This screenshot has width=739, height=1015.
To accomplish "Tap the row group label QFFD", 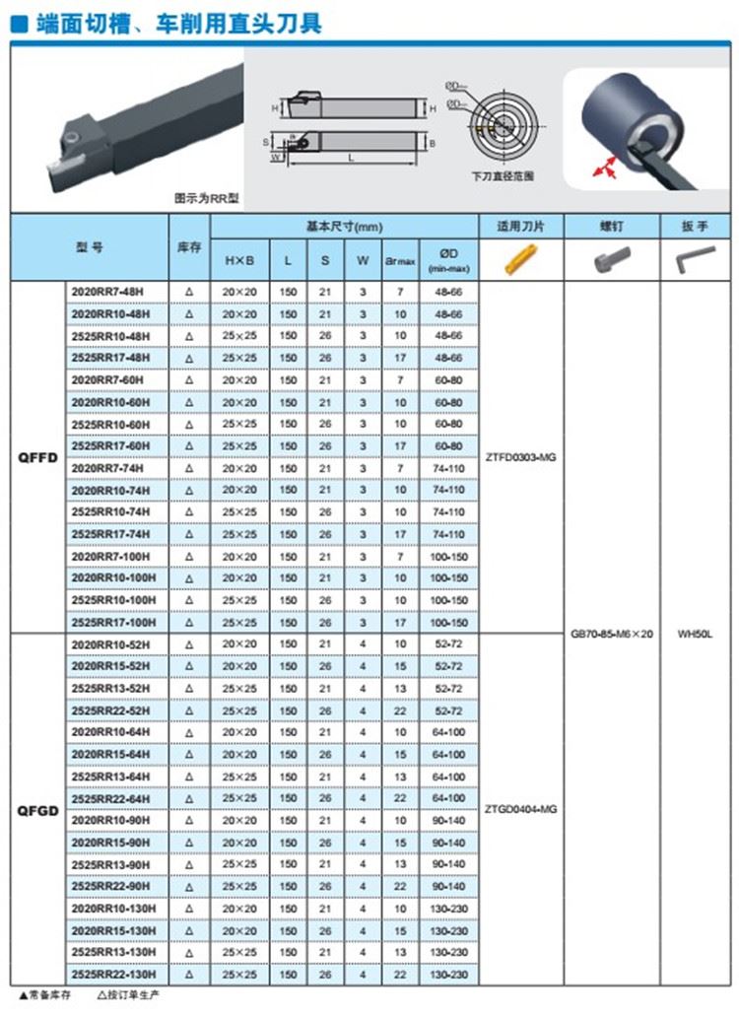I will [38, 457].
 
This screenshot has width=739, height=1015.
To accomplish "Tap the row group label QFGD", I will [38, 809].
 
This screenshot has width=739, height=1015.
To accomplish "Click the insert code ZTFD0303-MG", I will [521, 457].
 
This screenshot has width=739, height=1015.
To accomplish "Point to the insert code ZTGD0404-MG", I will [521, 809].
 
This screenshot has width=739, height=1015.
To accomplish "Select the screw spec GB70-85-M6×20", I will [611, 634].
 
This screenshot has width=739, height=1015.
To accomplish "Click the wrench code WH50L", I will [695, 634].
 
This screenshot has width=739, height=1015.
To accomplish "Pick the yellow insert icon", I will [519, 259].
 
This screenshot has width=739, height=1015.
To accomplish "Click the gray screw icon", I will [611, 260].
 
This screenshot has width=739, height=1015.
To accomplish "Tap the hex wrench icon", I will [694, 260].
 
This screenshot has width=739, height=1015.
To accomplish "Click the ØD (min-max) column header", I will [448, 260].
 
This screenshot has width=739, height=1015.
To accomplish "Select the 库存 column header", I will [188, 247].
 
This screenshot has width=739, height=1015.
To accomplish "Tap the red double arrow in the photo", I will [603, 170].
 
